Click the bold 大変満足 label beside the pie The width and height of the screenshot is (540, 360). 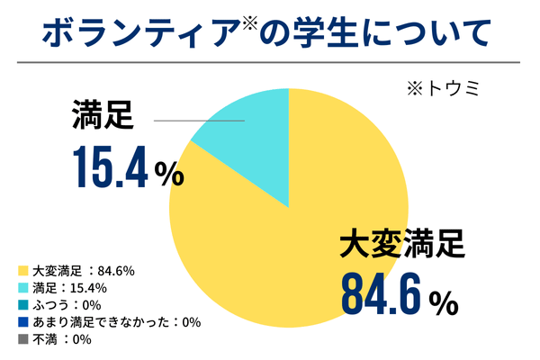coord(401,243)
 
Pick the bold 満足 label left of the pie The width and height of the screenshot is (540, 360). coord(101,117)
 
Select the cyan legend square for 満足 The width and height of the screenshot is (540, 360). coord(22,288)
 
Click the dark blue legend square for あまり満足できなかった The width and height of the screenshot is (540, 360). coord(22,322)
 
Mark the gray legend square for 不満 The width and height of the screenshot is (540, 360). coord(22,339)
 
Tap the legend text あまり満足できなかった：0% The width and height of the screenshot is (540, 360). coord(116,322)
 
